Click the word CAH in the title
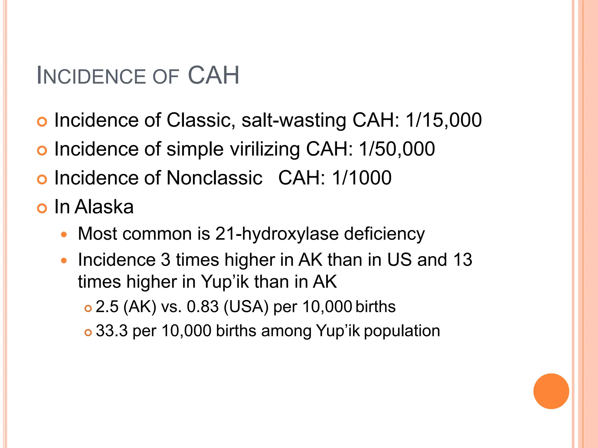(213, 76)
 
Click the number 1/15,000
(444, 120)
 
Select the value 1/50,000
(397, 149)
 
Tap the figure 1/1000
(362, 178)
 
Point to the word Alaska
(104, 207)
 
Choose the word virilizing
(265, 149)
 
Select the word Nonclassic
(214, 178)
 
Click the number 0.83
(203, 307)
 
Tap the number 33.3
(112, 331)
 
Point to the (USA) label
(246, 307)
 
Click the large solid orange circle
(551, 391)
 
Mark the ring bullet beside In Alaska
(42, 209)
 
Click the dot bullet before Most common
(64, 235)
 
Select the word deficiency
(384, 234)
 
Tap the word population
(402, 331)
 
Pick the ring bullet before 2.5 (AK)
(88, 308)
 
